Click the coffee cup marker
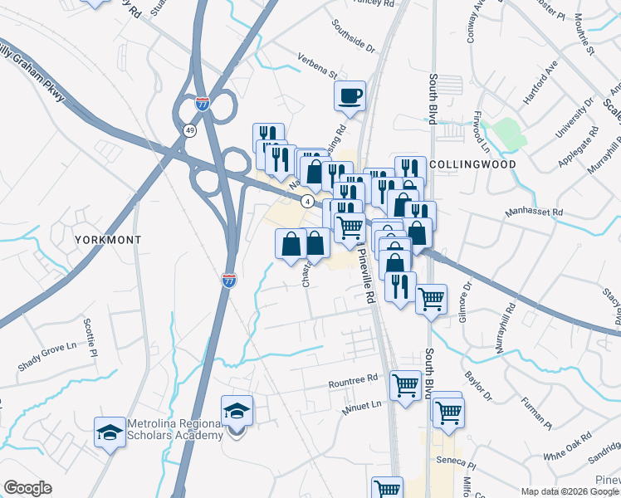click(350, 95)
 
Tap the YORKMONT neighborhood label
click(108, 239)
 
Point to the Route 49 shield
click(190, 130)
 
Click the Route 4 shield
click(307, 201)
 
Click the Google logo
click(27, 488)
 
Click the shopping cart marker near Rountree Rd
click(405, 383)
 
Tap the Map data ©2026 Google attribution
click(569, 491)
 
